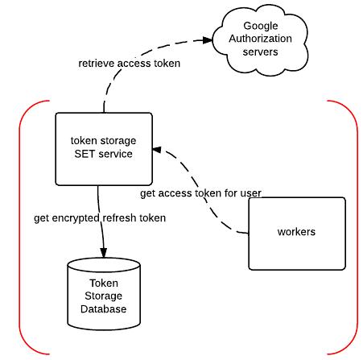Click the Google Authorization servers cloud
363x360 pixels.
tap(260, 40)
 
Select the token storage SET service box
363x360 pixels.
tap(104, 149)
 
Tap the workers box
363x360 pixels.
tap(297, 234)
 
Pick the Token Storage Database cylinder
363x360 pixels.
tap(104, 294)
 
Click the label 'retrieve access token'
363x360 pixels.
tap(129, 64)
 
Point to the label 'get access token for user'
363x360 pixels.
tap(200, 193)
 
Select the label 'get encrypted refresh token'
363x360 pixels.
tap(100, 218)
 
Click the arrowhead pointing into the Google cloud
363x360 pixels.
tap(208, 40)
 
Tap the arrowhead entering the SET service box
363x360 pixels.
tap(157, 150)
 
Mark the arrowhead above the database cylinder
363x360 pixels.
tap(104, 253)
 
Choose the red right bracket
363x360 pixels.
tap(357, 227)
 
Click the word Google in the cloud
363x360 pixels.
tap(261, 26)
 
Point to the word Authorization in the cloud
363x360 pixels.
tap(260, 39)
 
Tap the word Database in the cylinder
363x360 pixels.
tap(104, 308)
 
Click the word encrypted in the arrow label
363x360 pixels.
tap(76, 218)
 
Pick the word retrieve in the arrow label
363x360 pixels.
tap(97, 64)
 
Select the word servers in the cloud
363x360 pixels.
tap(260, 52)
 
